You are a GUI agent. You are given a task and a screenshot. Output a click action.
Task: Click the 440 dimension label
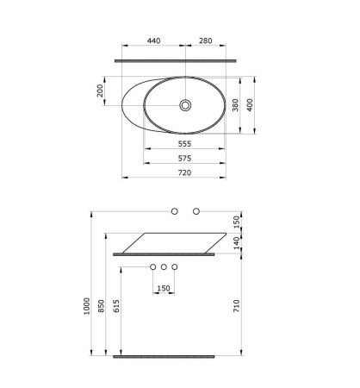[153, 41]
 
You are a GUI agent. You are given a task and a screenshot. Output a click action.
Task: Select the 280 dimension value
[206, 41]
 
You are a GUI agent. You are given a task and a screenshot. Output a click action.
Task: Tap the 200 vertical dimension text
[100, 91]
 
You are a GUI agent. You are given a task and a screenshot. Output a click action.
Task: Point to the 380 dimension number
[235, 105]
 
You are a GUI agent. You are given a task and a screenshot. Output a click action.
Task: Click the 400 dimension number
[250, 105]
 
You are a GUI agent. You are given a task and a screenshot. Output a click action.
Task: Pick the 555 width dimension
[184, 144]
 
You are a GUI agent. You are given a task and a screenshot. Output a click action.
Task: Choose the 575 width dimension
[184, 158]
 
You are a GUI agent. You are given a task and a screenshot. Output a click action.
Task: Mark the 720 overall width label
[184, 172]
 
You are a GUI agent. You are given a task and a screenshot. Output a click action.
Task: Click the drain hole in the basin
[185, 105]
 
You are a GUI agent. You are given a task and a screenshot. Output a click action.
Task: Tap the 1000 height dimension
[87, 306]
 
